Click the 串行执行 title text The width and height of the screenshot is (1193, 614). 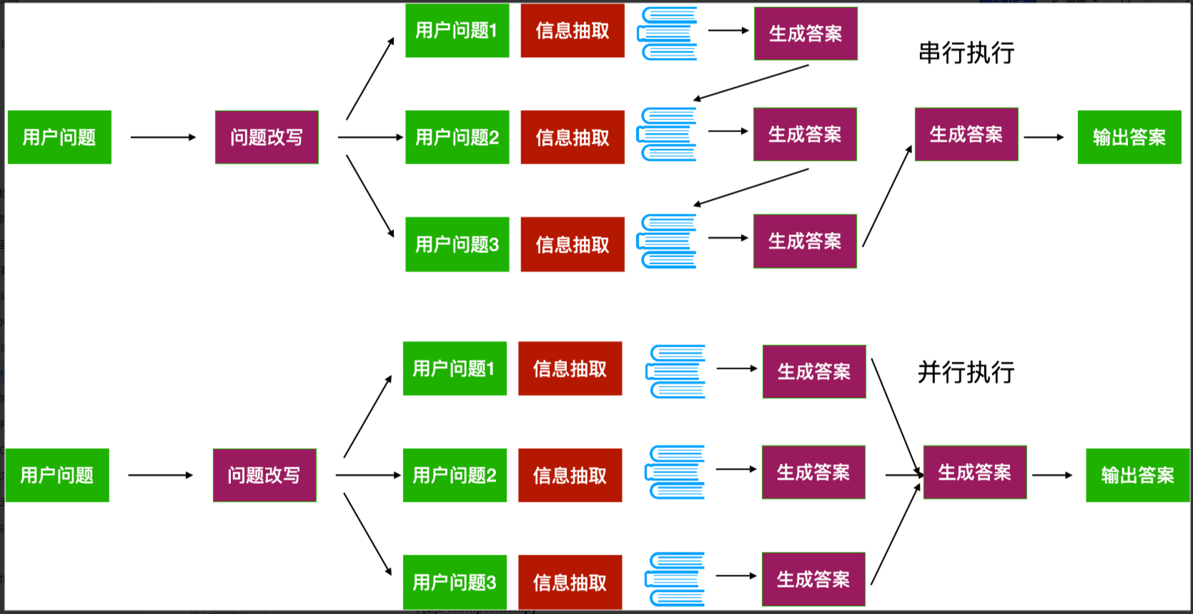point(966,53)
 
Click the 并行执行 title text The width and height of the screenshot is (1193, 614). point(966,372)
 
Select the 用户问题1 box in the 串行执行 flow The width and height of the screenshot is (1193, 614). point(457,31)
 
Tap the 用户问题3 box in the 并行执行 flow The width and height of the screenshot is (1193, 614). point(455,582)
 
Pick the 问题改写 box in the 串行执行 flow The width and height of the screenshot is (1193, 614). point(267,137)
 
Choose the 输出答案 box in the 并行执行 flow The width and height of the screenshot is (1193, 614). point(1137,475)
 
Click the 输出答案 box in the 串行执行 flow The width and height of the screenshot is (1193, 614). point(1129,137)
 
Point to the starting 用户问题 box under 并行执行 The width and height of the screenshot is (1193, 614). point(56,475)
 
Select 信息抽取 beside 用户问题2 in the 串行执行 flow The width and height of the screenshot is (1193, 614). point(573,137)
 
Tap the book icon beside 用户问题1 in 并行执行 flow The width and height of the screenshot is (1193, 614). point(676,372)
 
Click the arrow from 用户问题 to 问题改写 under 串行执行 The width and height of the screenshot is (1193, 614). point(163,137)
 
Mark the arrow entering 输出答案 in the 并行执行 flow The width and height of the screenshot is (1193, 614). point(1052,475)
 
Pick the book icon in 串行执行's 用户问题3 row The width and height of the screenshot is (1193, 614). point(668,241)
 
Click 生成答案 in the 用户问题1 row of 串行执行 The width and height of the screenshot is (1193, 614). point(806,34)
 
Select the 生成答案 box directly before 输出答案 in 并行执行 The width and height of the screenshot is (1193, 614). point(975,472)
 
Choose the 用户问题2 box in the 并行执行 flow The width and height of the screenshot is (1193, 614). point(455,475)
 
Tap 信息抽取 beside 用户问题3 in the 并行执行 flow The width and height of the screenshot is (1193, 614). point(570,582)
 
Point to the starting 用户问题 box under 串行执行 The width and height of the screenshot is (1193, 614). point(59,137)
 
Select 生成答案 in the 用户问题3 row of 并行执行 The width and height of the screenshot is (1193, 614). point(813,579)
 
